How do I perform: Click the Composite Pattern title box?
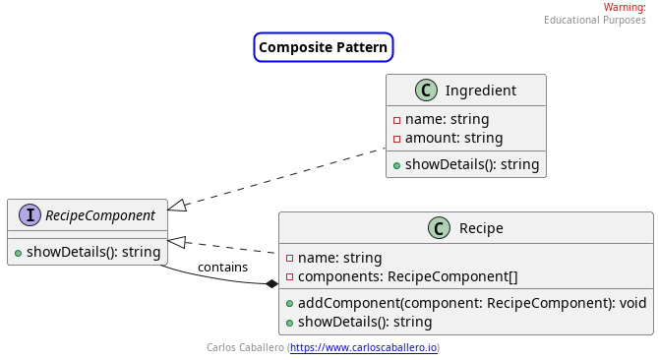[x=324, y=47]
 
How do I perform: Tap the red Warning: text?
[x=625, y=8]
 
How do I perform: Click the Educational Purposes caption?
[x=595, y=20]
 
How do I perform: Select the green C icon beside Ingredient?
[x=426, y=90]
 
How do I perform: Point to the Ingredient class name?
[x=481, y=90]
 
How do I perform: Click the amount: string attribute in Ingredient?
[x=453, y=138]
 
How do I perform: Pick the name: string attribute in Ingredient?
[x=448, y=119]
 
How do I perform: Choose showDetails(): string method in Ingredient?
[x=472, y=164]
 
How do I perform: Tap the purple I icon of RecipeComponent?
[x=30, y=215]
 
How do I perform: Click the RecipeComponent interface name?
[x=100, y=215]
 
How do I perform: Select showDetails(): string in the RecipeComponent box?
[x=93, y=252]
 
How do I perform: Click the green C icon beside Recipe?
[x=439, y=228]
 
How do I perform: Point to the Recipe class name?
[x=481, y=228]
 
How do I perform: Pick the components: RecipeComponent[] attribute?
[x=407, y=276]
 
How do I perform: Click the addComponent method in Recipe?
[x=472, y=303]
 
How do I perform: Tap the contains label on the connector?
[x=222, y=268]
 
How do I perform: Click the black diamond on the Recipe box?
[x=271, y=284]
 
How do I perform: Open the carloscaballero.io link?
[x=364, y=348]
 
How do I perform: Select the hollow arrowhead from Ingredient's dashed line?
[x=177, y=206]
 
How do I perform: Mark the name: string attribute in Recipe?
[x=340, y=258]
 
